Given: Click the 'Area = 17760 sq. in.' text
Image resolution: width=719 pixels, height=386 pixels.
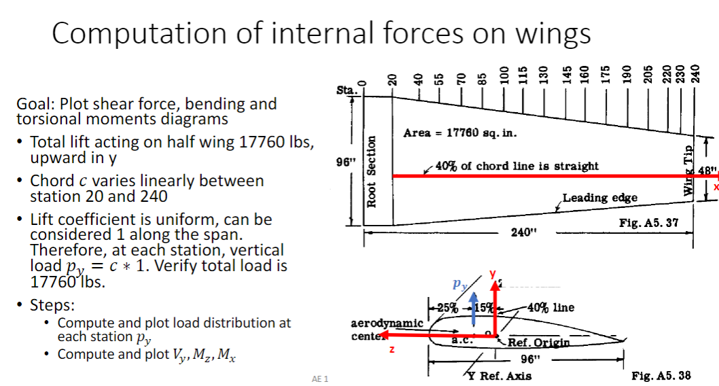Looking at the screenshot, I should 459,133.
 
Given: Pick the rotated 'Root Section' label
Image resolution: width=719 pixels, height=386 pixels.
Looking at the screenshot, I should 371,171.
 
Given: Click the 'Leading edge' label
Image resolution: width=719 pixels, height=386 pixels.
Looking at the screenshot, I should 599,198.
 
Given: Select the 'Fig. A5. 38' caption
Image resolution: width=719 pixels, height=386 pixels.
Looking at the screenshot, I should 661,374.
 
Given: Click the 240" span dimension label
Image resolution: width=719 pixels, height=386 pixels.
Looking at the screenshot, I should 523,232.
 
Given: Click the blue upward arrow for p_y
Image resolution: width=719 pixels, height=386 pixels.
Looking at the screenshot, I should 474,306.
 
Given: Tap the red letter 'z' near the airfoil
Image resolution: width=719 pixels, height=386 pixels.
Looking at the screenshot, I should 391,349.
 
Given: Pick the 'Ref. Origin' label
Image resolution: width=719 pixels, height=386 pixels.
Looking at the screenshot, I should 538,342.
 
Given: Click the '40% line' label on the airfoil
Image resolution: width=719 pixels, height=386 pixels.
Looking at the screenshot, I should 551,308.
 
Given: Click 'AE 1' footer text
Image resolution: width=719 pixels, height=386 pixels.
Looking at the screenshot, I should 319,379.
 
